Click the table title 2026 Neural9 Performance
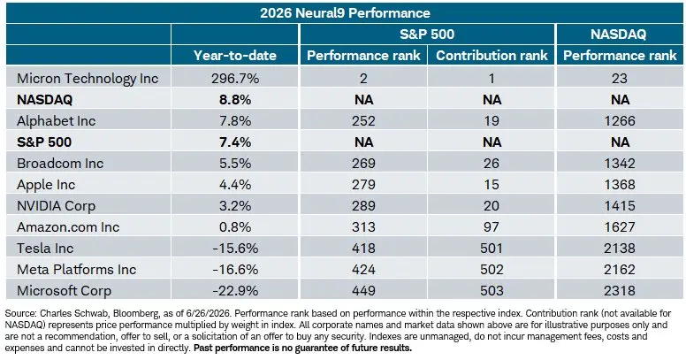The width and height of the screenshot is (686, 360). [345, 12]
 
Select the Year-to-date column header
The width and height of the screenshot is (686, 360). [235, 55]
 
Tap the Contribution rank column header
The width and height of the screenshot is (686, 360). [492, 55]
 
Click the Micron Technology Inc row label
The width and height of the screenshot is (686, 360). [88, 79]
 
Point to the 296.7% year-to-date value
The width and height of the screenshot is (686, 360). [235, 79]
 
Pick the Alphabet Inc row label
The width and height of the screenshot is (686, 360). [56, 121]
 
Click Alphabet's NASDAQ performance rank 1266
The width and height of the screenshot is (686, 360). [620, 121]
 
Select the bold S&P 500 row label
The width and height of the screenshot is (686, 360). [44, 142]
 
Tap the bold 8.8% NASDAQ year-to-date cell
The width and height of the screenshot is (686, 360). [235, 100]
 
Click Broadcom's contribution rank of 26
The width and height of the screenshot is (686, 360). [492, 164]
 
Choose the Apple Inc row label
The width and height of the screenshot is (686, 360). [46, 185]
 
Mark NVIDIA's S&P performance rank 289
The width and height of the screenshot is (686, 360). [363, 206]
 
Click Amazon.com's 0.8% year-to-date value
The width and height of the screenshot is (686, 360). [235, 227]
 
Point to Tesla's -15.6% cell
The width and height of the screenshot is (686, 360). [235, 249]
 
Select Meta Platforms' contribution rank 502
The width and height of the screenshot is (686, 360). [492, 270]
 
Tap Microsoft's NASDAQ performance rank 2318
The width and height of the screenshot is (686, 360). [620, 291]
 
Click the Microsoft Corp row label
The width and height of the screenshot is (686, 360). [64, 291]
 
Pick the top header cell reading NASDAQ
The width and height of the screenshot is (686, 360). [618, 34]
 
